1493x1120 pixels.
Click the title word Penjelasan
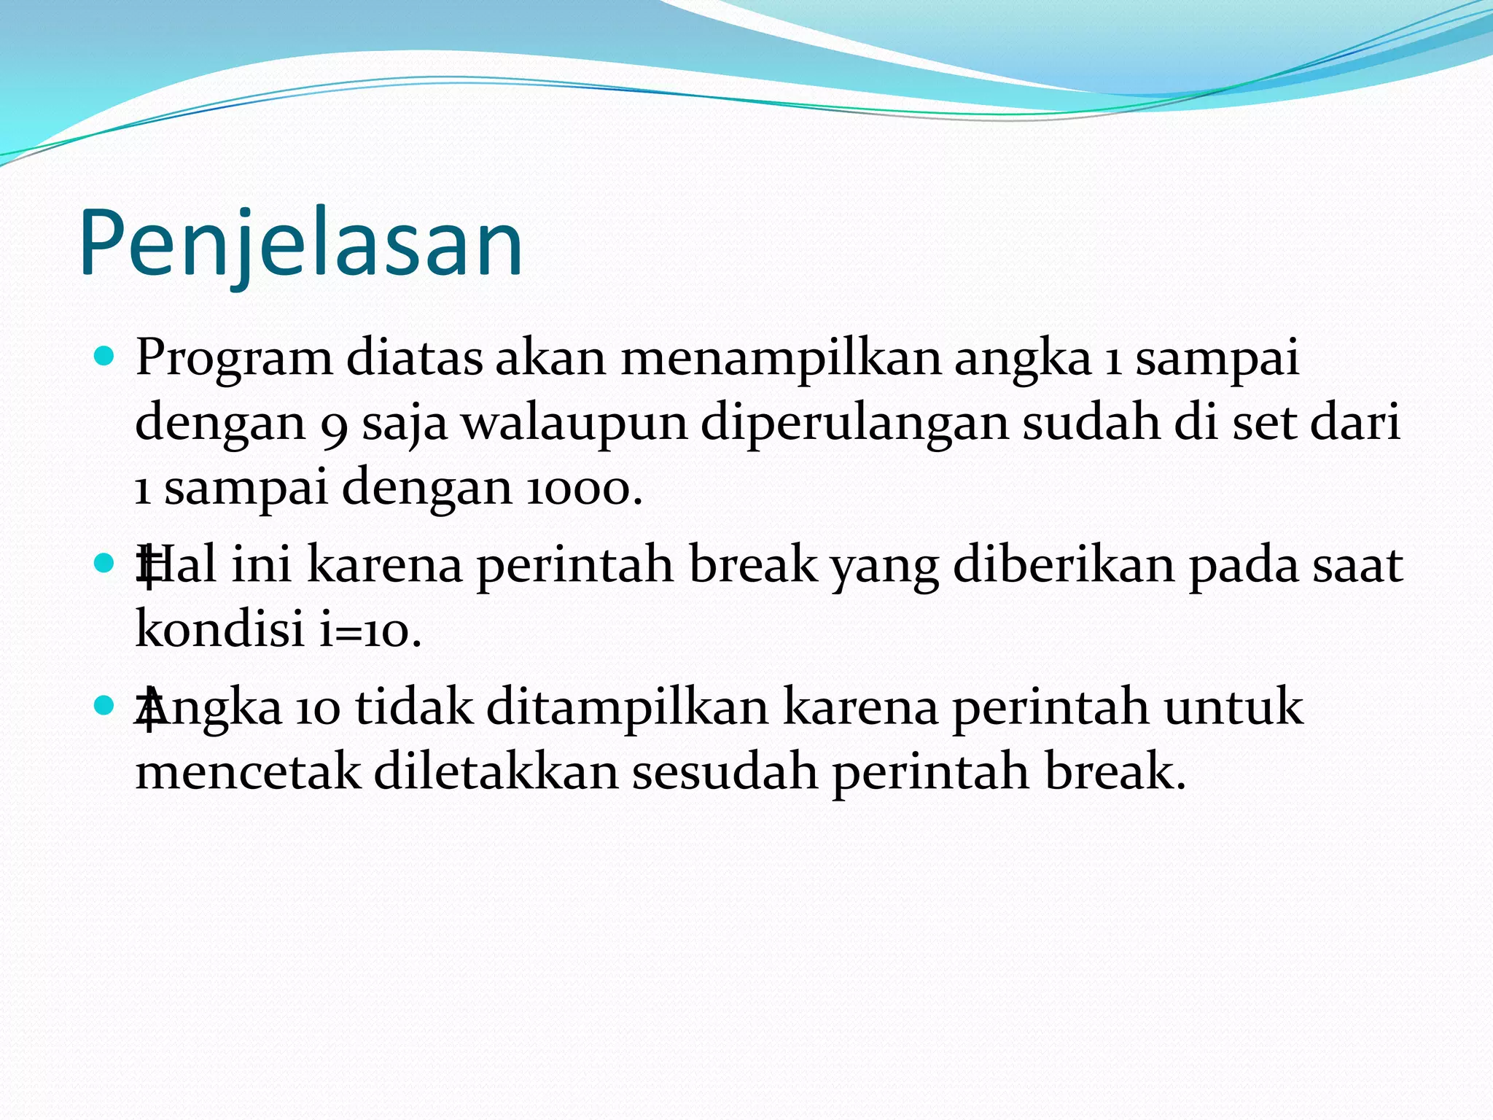[300, 244]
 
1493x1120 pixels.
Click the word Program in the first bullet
[233, 359]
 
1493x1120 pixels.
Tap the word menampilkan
[781, 359]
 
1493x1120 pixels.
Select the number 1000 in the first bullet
[577, 488]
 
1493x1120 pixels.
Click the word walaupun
[574, 424]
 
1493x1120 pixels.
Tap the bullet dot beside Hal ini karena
[105, 563]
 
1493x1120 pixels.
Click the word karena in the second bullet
[384, 565]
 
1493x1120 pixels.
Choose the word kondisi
[219, 628]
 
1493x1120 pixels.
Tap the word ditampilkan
[628, 707]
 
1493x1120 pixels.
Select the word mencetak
[248, 772]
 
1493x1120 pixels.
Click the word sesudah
[724, 771]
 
